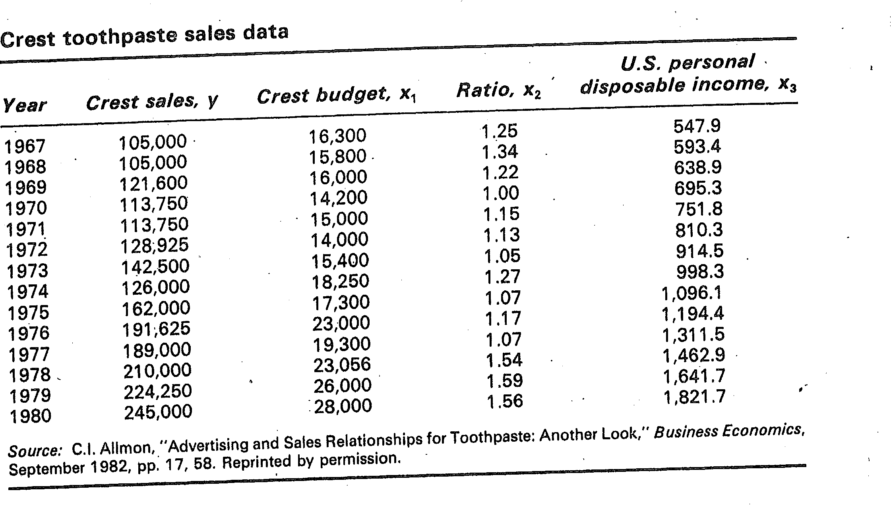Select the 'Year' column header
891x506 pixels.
tap(25, 105)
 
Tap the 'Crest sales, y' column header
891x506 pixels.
tap(152, 102)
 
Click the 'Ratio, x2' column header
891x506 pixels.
tap(498, 90)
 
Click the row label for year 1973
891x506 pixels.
tap(27, 271)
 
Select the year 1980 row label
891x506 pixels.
tap(30, 416)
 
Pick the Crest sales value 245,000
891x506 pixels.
tap(158, 412)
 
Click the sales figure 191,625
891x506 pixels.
tap(156, 329)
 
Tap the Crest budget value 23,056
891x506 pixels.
tap(342, 365)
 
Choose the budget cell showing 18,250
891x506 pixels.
tap(340, 281)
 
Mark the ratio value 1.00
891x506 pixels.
tap(501, 193)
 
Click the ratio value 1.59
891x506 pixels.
tap(505, 380)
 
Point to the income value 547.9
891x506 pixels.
tap(697, 126)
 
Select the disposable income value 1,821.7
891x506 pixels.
tap(694, 396)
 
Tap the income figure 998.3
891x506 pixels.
tap(699, 272)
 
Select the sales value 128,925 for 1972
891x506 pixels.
tap(154, 245)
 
